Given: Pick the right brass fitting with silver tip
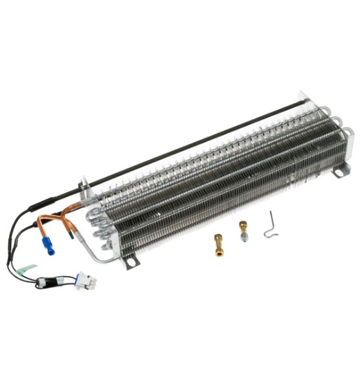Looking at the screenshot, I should [x=243, y=230].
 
